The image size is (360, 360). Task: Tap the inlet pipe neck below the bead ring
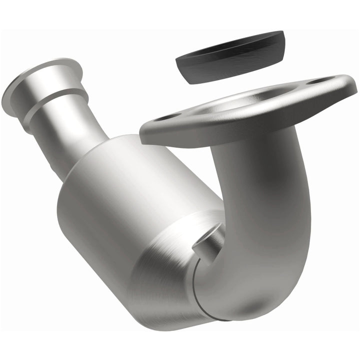75,135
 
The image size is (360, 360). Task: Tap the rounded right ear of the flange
335,82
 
